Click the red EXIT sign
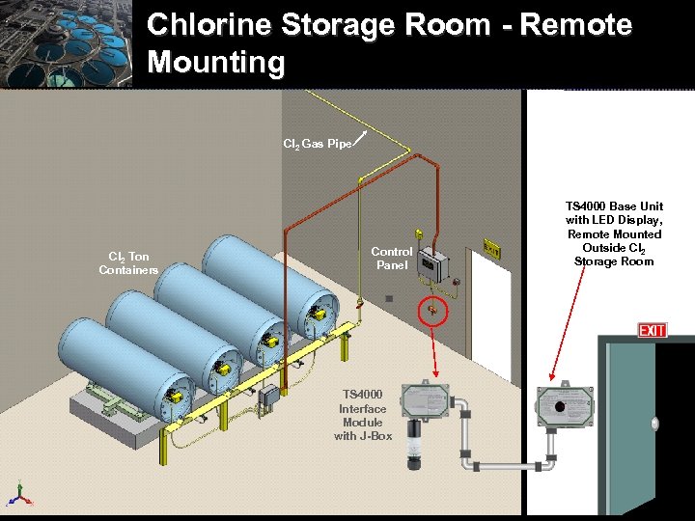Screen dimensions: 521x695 tap(652, 331)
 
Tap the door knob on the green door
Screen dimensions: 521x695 tap(655, 423)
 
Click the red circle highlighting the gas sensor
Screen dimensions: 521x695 tap(432, 311)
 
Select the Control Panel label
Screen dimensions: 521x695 tap(392, 258)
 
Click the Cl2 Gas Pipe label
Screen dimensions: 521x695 tap(317, 144)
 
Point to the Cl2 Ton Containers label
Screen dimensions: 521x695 tap(128, 262)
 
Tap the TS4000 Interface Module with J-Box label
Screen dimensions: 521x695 tap(362, 415)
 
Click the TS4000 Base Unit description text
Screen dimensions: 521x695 tap(614, 233)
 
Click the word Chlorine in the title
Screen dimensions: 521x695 tap(213, 25)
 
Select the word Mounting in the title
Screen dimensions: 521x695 tap(216, 63)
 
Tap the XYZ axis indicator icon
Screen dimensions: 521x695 tap(18, 495)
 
